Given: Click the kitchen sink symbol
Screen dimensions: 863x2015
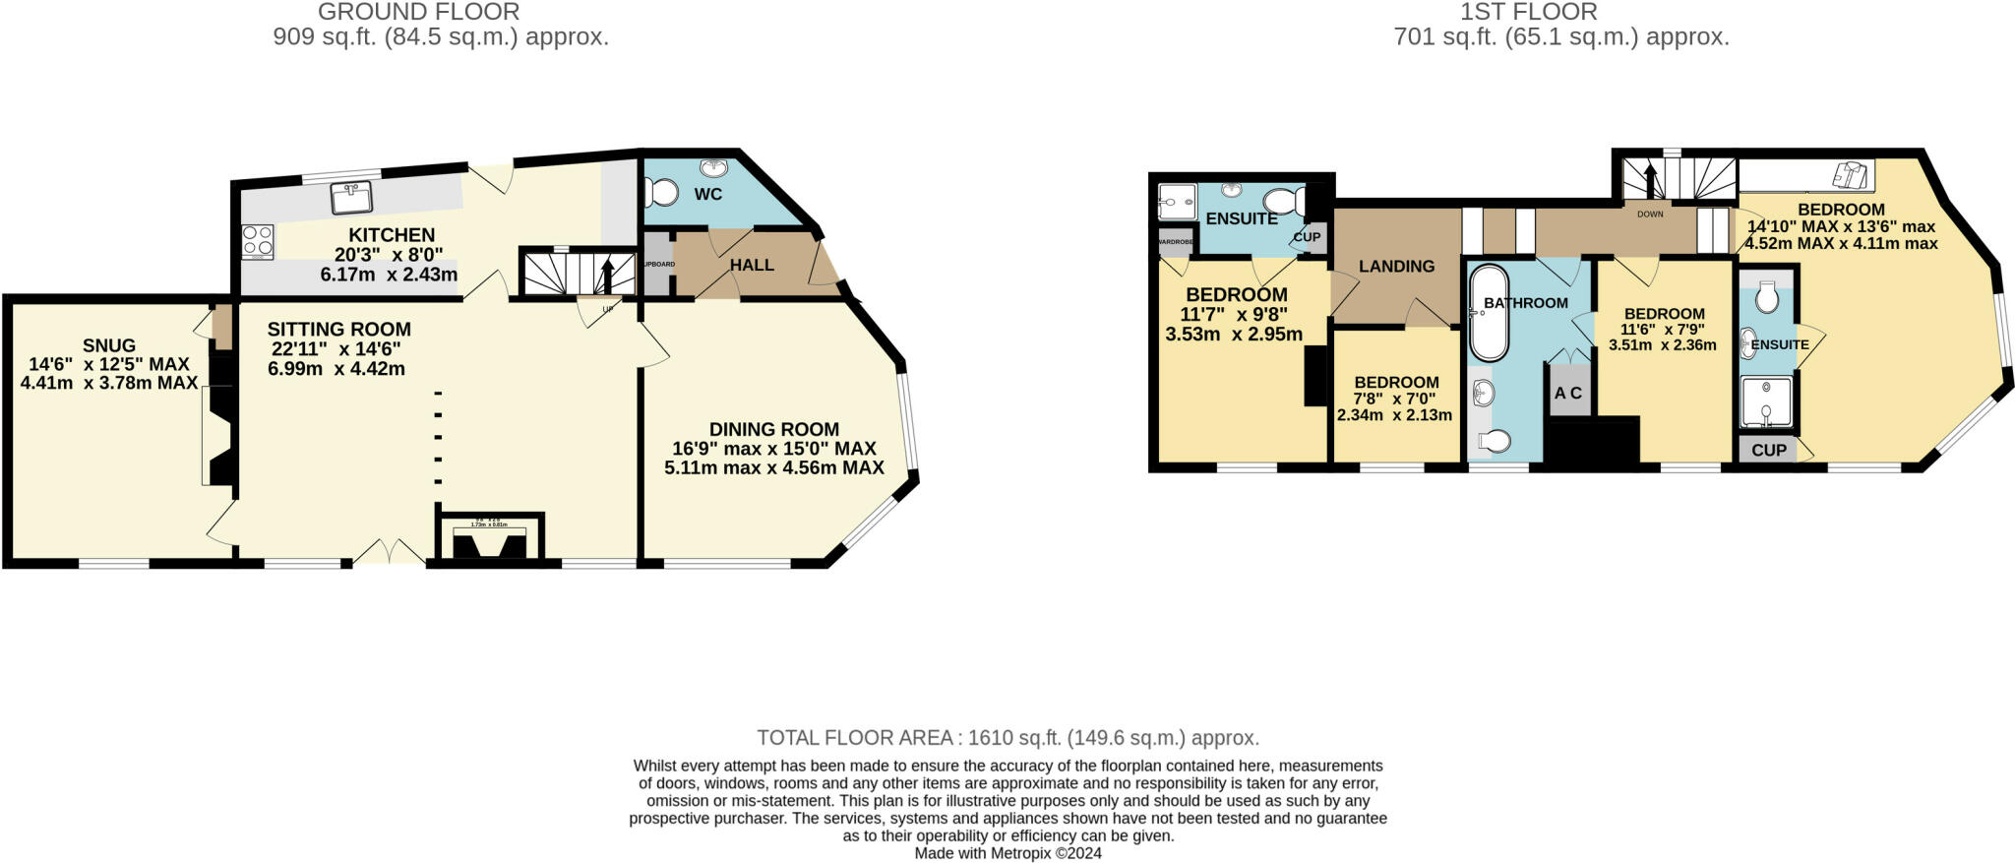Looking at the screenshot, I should coord(350,198).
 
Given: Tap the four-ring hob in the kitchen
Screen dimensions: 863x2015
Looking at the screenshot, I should coord(258,241).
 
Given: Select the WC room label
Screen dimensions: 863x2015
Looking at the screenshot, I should coord(707,194).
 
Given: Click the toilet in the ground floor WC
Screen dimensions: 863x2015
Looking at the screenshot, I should coord(666,192).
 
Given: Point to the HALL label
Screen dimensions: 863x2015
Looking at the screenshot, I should coord(752,265).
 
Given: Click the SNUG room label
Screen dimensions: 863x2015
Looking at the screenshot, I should coord(109,345).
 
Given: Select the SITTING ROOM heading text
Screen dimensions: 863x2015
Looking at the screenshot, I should coord(338,330).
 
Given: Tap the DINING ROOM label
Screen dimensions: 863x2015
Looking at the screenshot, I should coord(773,429).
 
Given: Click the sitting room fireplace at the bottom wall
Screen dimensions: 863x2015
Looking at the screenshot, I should coord(489,540).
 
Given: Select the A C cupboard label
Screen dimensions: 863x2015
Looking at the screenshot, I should coord(1567,393).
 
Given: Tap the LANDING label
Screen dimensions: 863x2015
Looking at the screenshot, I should coord(1396,266).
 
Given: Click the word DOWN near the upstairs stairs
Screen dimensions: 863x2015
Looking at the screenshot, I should coord(1650,214).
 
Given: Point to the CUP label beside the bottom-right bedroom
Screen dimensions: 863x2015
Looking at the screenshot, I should coord(1768,451).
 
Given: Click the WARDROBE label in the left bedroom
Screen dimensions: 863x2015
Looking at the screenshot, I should coord(1174,241).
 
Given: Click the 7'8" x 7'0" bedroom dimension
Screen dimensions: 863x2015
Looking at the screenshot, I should coord(1394,399).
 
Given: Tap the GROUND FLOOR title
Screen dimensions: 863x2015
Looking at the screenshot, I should coord(418,12).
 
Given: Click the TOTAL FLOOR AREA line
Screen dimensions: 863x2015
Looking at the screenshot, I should coord(1007,737).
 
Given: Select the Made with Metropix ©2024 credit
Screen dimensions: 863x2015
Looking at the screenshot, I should coord(1007,853).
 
